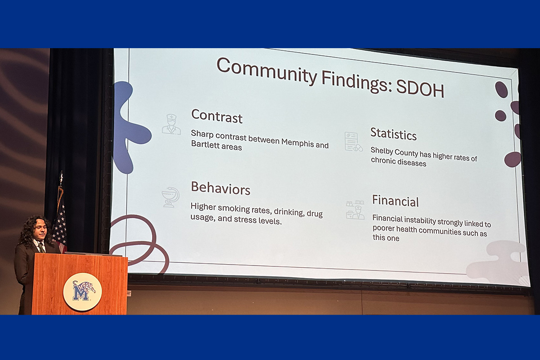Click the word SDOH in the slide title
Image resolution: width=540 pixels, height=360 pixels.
[x=420, y=89]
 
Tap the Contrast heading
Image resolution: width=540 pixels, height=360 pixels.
[x=217, y=116]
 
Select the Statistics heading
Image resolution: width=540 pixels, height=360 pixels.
[x=393, y=134]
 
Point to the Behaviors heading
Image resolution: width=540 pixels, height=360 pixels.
[x=220, y=188]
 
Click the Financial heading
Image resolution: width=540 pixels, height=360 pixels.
[x=396, y=201]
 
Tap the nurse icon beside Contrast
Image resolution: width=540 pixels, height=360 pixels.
[x=171, y=124]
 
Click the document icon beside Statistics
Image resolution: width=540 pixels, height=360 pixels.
[x=353, y=142]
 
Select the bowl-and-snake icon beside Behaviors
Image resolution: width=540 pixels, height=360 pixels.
[x=171, y=197]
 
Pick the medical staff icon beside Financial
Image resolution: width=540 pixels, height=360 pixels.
[x=355, y=210]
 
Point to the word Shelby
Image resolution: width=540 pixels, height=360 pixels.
[x=382, y=151]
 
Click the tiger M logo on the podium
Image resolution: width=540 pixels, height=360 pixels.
[x=82, y=292]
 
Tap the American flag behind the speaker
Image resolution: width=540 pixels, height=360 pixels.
[x=59, y=222]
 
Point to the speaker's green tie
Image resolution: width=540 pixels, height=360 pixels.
[x=41, y=247]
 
